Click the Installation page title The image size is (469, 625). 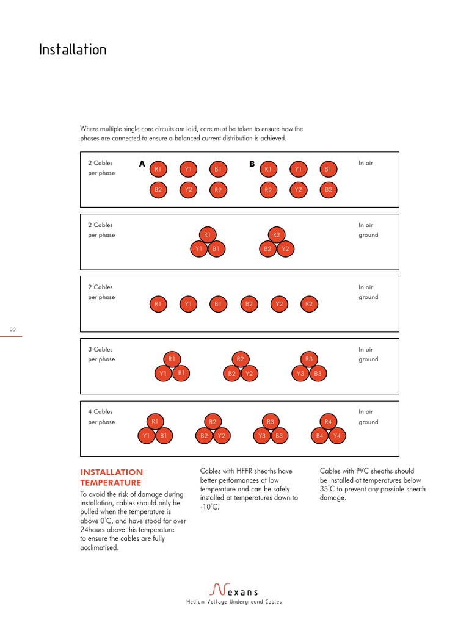[x=73, y=49]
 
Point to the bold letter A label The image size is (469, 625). [x=142, y=164]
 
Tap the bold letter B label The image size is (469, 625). [x=252, y=164]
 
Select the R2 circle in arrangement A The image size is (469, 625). [x=218, y=190]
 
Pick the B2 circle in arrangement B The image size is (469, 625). [x=329, y=190]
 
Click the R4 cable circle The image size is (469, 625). [x=328, y=422]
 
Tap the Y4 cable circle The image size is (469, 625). [x=336, y=436]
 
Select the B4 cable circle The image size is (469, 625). [x=319, y=436]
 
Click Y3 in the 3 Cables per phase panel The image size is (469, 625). [x=300, y=374]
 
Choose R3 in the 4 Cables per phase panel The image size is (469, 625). [x=271, y=422]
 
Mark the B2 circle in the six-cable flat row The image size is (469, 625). [x=249, y=303]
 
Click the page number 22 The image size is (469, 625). [x=12, y=330]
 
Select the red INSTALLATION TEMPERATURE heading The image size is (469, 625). [x=112, y=477]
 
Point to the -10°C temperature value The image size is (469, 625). [x=209, y=507]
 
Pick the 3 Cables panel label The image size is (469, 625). [x=101, y=349]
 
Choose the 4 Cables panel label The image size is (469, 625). [x=101, y=411]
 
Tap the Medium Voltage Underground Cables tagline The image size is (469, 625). [x=234, y=602]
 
